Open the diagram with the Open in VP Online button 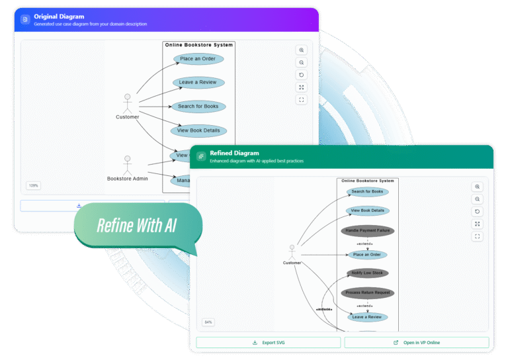[x=417, y=342]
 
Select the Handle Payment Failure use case [x=368, y=231]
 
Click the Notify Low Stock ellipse [x=368, y=273]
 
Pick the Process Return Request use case [x=368, y=292]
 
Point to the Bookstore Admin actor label [x=128, y=179]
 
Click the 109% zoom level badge [x=33, y=185]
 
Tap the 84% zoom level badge [x=208, y=322]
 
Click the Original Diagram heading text [x=59, y=17]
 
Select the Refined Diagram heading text [x=234, y=153]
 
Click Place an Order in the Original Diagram [x=198, y=59]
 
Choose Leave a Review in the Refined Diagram [x=368, y=317]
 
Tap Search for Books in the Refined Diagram [x=368, y=192]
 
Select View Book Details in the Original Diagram [x=198, y=130]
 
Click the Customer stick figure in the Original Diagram [x=128, y=103]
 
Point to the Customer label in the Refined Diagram [x=292, y=263]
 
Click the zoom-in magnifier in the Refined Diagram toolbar [x=477, y=187]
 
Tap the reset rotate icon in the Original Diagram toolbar [x=302, y=75]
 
